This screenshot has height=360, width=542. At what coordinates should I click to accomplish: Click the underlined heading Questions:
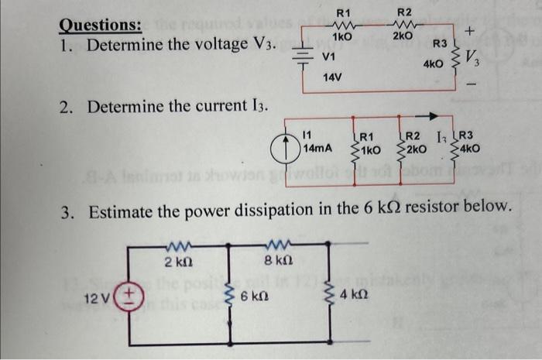(x=101, y=25)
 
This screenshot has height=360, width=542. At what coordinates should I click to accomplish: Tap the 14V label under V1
(x=332, y=79)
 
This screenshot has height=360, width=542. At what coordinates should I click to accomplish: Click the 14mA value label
(x=318, y=147)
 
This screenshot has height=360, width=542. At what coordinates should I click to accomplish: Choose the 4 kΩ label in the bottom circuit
(x=352, y=295)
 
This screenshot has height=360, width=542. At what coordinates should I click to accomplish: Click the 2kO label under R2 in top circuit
(x=403, y=36)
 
